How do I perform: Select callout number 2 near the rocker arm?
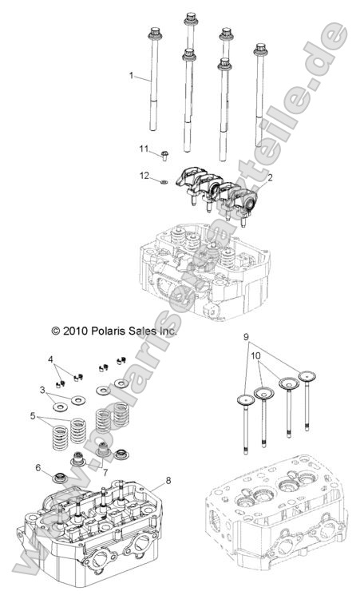coord(271,178)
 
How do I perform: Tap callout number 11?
coord(144,149)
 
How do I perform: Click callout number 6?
coord(38,468)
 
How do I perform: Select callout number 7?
coord(105,473)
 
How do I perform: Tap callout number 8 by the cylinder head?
coord(168,480)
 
